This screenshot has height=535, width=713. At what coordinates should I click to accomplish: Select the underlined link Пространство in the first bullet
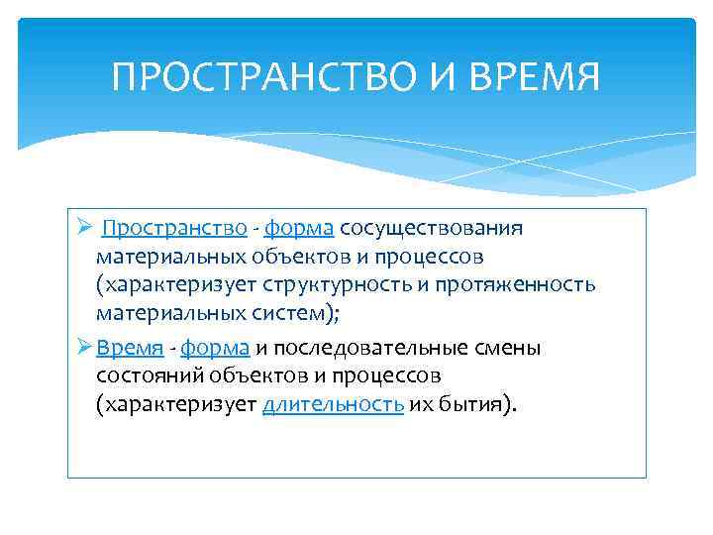(174, 229)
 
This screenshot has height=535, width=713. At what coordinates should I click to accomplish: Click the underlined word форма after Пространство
(299, 229)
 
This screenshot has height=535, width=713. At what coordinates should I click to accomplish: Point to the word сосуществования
(431, 229)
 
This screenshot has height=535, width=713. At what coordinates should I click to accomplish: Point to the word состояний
(143, 376)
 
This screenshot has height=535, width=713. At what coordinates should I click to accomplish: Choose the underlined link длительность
(333, 405)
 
